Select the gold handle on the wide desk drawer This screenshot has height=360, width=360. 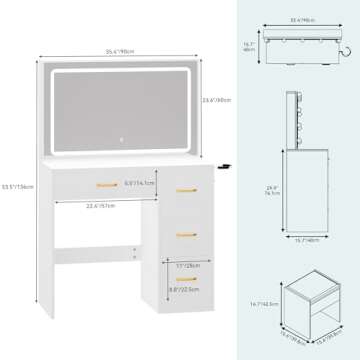pyautogui.click(x=105, y=184)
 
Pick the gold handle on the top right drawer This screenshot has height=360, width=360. pyautogui.click(x=184, y=190)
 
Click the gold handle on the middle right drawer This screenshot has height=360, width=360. pyautogui.click(x=184, y=233)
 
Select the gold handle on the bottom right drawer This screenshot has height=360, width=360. pyautogui.click(x=184, y=281)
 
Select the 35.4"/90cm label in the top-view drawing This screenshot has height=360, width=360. pyautogui.click(x=295, y=17)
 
